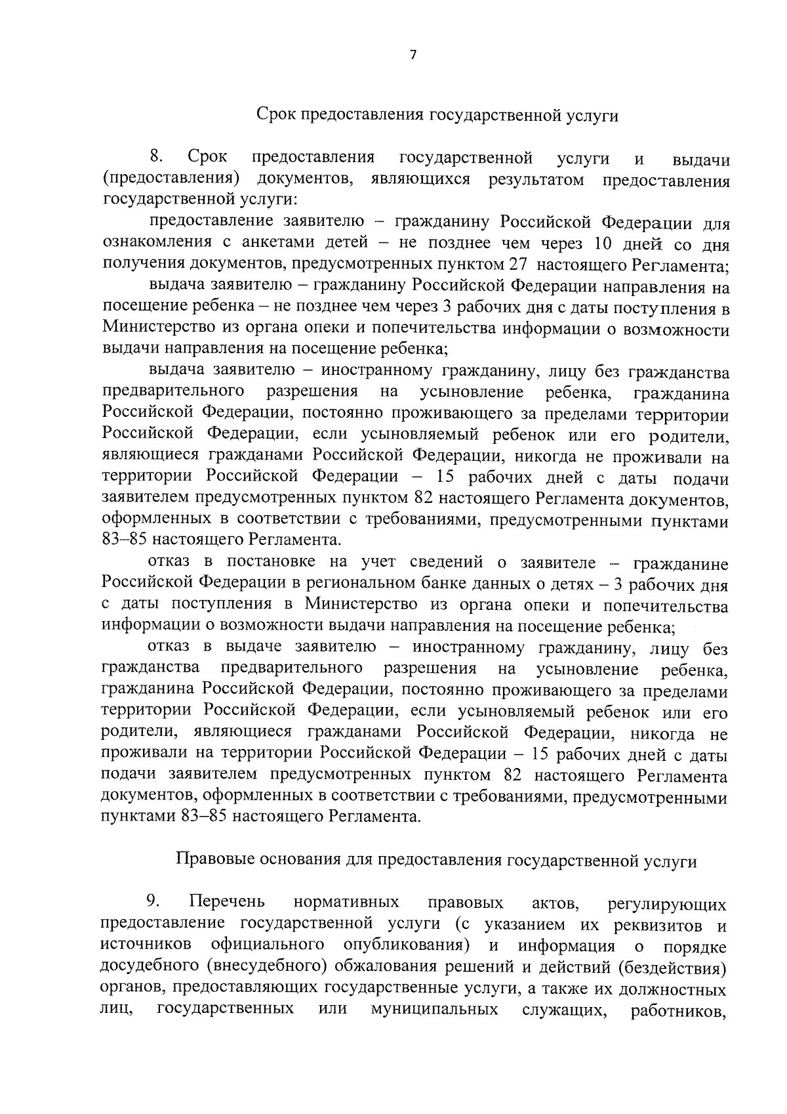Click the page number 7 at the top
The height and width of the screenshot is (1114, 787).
click(413, 56)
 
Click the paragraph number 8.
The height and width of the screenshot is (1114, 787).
click(156, 157)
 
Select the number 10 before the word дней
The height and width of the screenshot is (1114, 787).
click(604, 243)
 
